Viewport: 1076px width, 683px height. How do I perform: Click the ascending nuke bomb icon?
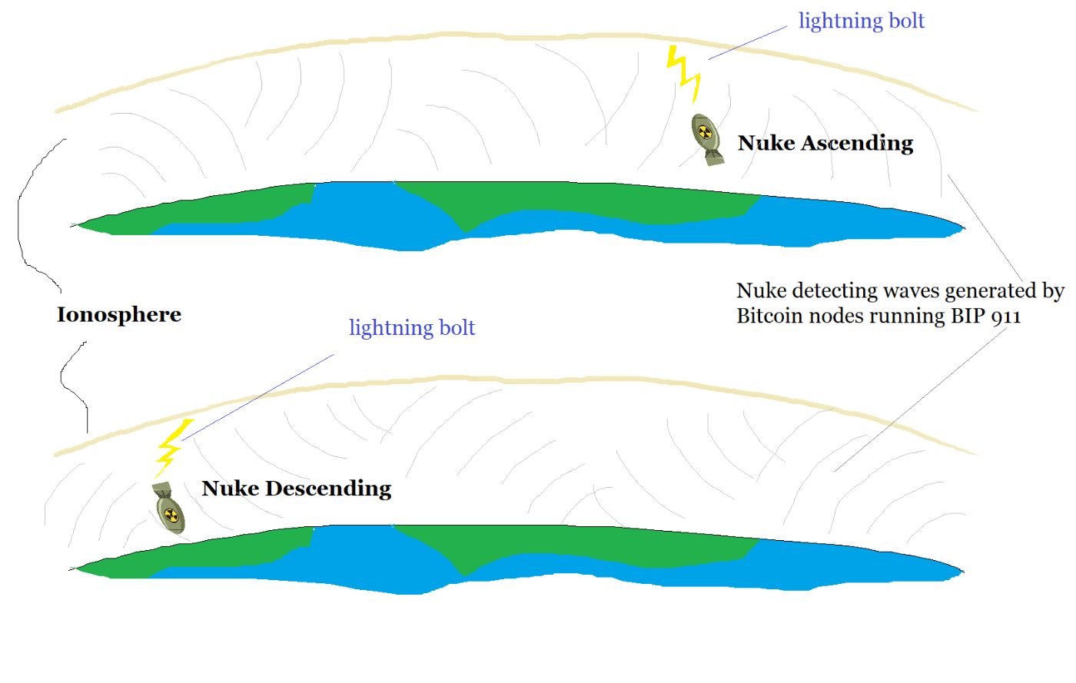(706, 138)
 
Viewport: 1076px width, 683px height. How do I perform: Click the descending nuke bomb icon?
(168, 508)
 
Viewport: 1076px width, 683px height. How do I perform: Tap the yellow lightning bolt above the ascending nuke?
(684, 73)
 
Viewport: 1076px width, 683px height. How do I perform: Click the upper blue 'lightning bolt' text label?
(861, 21)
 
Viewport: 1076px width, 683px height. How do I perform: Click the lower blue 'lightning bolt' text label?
(412, 328)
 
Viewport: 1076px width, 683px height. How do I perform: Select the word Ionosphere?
(119, 315)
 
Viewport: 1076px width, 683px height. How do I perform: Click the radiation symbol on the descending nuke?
(172, 516)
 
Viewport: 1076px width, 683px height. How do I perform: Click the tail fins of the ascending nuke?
(714, 157)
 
